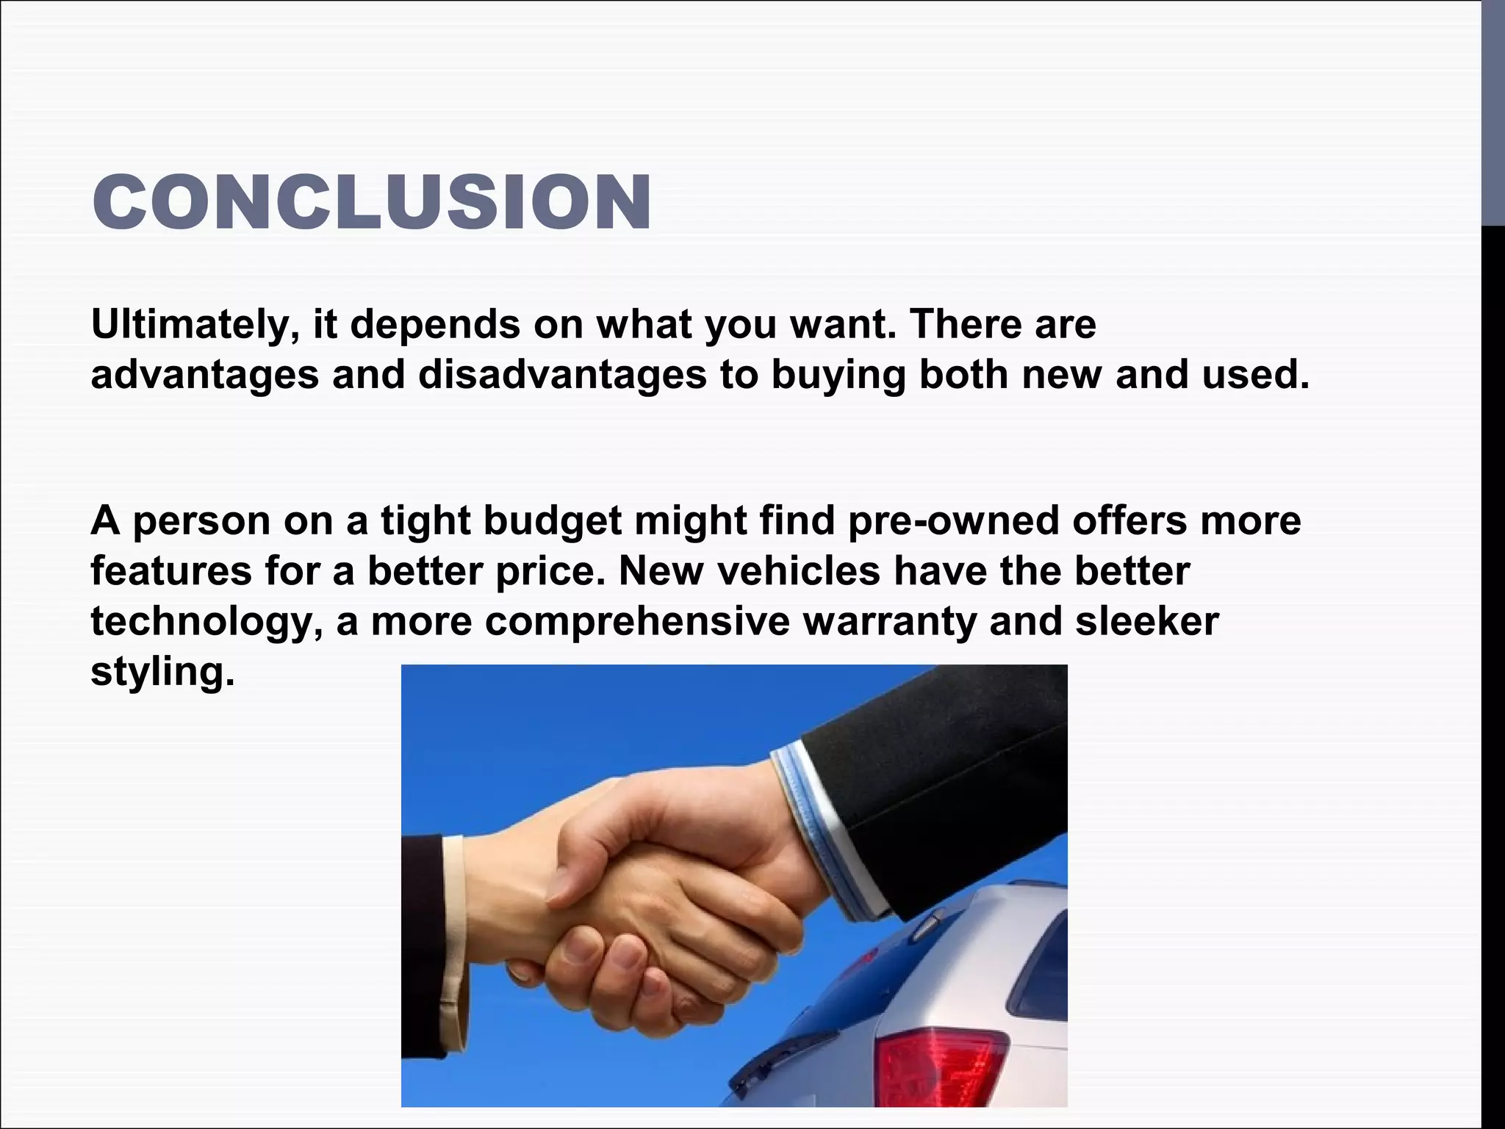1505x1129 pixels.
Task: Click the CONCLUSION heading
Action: pos(372,202)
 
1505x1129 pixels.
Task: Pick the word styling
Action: pos(162,672)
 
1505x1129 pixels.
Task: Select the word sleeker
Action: pos(1147,621)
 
